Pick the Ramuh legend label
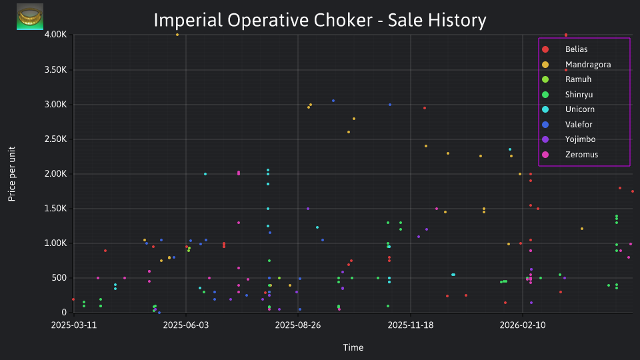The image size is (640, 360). [x=578, y=79]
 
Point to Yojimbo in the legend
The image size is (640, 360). [x=580, y=139]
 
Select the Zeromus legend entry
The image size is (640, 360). [x=581, y=155]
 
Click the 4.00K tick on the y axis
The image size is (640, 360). [x=55, y=35]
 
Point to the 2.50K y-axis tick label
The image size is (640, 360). [x=55, y=139]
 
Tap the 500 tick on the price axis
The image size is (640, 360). [x=59, y=278]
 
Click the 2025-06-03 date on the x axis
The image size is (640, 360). [x=186, y=325]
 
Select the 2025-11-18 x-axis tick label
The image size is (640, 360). [x=410, y=325]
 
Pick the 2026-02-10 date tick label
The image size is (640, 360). [x=523, y=325]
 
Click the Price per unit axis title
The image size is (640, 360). [x=12, y=174]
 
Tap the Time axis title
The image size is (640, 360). [x=353, y=347]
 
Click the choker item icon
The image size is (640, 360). [x=30, y=17]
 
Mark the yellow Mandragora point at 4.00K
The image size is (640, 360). [x=177, y=35]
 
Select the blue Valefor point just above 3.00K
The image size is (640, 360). [x=333, y=101]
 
